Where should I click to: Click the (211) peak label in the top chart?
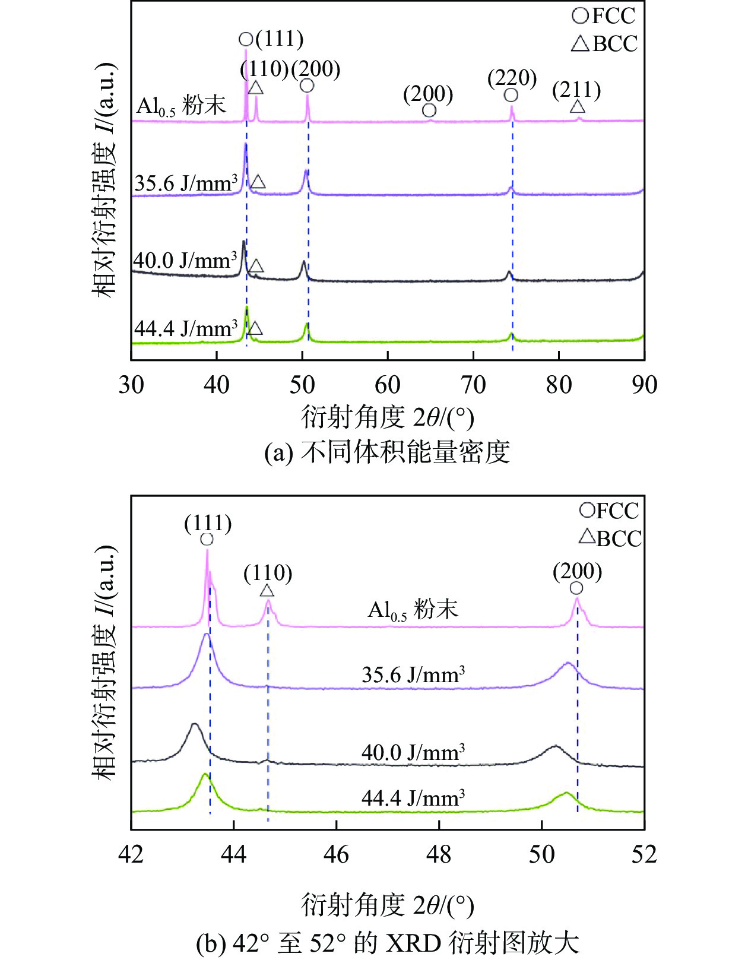coord(576,91)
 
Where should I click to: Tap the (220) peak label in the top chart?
coord(512,78)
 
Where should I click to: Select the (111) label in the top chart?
coord(279,39)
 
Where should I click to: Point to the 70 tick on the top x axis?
coord(473,385)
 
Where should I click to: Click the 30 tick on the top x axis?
coord(131,385)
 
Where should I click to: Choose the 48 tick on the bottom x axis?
coord(439,854)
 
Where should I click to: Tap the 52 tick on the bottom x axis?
coord(644,854)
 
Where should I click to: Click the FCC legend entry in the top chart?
coord(604,15)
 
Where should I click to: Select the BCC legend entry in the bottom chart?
coord(611,538)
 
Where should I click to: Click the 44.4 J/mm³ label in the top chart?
coord(186,328)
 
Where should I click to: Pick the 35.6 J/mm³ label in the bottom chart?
coord(413,675)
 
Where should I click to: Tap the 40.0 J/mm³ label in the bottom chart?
coord(413,752)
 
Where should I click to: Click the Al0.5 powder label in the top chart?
coord(181,106)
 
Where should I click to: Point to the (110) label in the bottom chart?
coord(268,574)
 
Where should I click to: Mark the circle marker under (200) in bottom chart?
coord(576,588)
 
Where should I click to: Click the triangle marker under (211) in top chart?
coord(577,107)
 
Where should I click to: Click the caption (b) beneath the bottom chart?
coord(387,943)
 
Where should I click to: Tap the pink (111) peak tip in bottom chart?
coord(207,551)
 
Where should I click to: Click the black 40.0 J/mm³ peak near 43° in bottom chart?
coord(194,724)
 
